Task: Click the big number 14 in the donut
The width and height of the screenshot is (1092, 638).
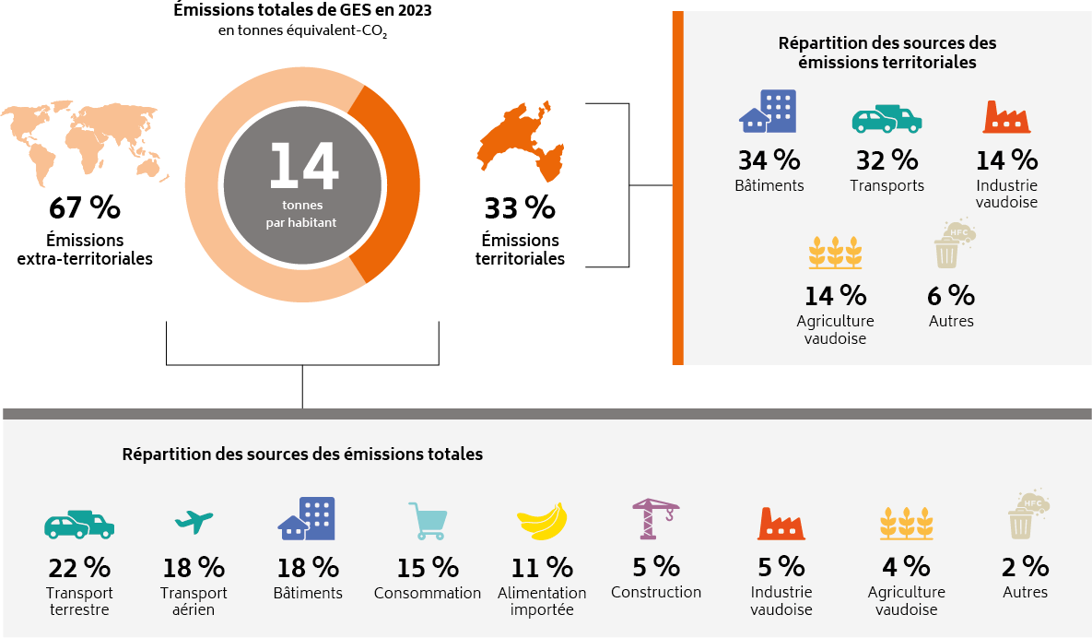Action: pyautogui.click(x=303, y=167)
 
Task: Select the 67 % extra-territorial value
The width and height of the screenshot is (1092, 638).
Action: pyautogui.click(x=84, y=208)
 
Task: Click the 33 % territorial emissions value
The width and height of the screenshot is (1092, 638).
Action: pyautogui.click(x=520, y=208)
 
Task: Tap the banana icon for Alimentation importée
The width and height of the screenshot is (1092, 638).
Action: pyautogui.click(x=542, y=522)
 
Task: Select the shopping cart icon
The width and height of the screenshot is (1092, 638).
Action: pyautogui.click(x=428, y=521)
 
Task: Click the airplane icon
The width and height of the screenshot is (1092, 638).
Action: pyautogui.click(x=194, y=522)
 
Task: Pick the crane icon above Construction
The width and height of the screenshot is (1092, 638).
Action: pyautogui.click(x=655, y=519)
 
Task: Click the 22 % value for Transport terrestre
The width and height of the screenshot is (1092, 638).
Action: pyautogui.click(x=79, y=566)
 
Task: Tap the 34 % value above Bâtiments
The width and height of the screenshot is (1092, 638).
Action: pyautogui.click(x=769, y=160)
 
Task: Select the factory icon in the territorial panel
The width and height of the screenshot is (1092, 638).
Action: pyautogui.click(x=1005, y=118)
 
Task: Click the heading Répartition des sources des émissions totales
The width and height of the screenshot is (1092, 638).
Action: pyautogui.click(x=302, y=455)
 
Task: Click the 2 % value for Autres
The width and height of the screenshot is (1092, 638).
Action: pyautogui.click(x=1025, y=566)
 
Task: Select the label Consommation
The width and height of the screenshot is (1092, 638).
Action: pyautogui.click(x=427, y=594)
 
